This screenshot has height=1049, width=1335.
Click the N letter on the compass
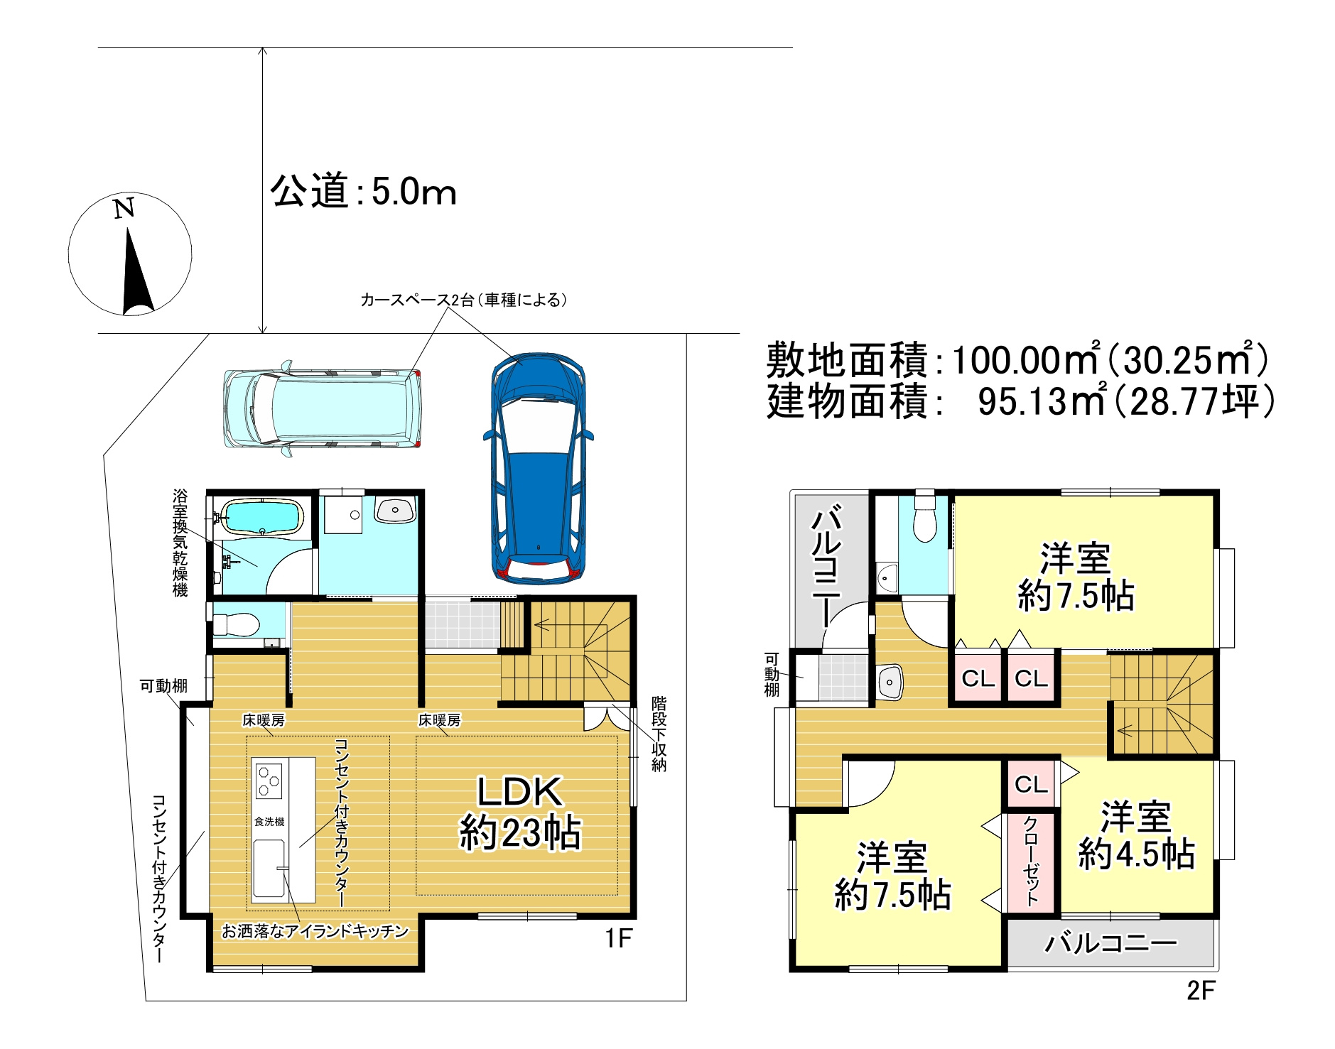125,208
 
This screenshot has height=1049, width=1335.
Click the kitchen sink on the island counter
269,869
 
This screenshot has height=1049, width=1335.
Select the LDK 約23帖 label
520,812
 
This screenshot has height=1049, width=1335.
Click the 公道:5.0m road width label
363,192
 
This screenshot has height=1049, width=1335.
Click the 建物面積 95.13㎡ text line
1020,401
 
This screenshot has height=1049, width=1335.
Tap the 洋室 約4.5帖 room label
1136,835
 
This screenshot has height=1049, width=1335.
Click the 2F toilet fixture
924,520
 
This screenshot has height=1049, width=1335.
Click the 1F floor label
618,938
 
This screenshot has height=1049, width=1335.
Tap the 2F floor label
1201,990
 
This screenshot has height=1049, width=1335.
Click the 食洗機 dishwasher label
269,821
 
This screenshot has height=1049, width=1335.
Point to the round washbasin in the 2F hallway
889,683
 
